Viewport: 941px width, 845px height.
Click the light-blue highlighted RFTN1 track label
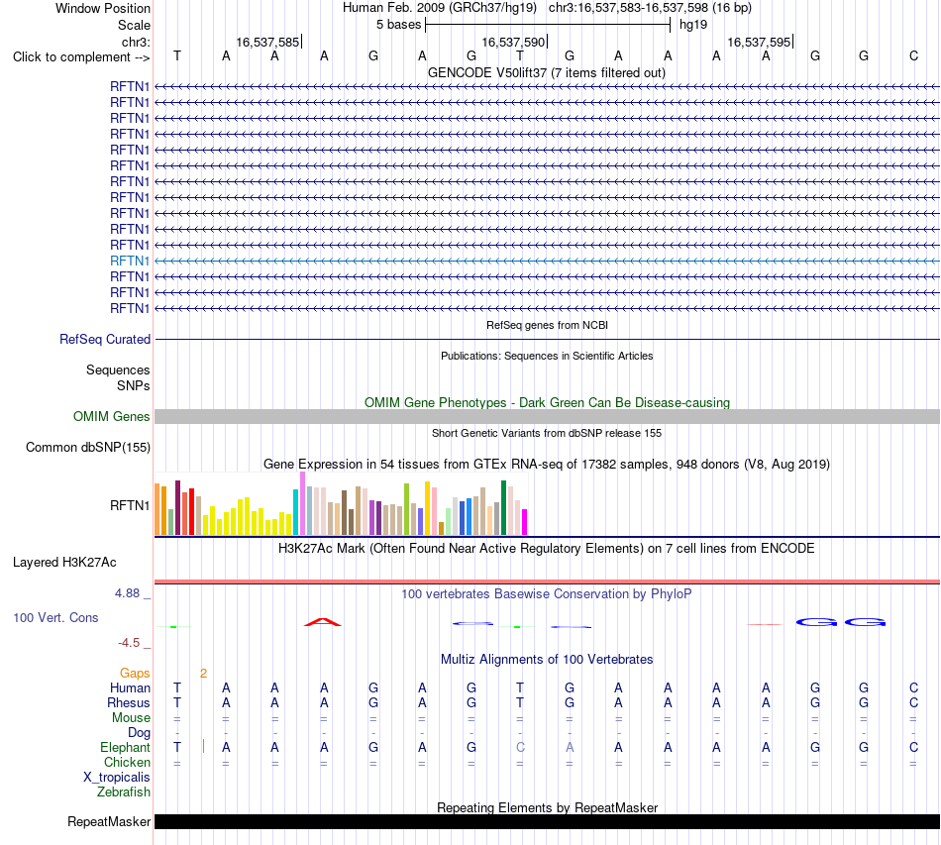coord(130,262)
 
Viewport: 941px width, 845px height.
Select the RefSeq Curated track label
coord(105,339)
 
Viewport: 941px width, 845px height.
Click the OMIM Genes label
coord(112,416)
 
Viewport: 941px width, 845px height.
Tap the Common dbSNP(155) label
coord(88,447)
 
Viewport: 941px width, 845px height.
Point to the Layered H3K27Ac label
coord(64,563)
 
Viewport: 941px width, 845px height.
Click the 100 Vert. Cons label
coord(55,617)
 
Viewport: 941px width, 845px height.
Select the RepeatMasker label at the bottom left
coord(109,821)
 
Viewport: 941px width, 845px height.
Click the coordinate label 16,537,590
coord(513,42)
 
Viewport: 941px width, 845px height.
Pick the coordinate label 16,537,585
coord(267,42)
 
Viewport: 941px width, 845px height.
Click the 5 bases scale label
coord(398,25)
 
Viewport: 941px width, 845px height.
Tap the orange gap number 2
coord(203,674)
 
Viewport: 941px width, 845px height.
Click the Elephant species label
coord(126,747)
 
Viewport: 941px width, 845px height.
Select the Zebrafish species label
coord(124,792)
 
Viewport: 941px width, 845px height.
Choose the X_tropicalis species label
coord(117,778)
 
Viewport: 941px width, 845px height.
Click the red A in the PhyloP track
coord(323,622)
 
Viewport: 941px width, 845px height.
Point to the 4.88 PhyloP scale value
coord(127,593)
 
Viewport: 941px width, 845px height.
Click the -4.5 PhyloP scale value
coord(129,643)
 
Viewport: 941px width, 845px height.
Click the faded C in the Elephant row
coord(520,747)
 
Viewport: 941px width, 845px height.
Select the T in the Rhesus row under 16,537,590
coord(520,702)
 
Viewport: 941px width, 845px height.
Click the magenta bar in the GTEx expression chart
coord(525,522)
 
